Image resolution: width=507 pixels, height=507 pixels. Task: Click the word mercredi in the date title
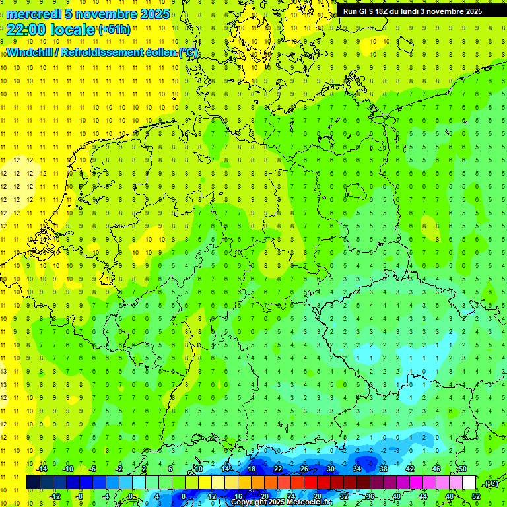tap(34, 14)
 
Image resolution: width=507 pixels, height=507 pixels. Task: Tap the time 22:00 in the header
tap(29, 30)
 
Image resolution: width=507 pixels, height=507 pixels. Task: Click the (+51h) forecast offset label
tap(114, 30)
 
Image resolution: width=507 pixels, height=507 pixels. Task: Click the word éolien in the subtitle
tap(158, 52)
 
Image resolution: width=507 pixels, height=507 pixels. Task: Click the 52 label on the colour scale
tap(476, 496)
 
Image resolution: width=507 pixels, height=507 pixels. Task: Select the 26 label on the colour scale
tap(304, 469)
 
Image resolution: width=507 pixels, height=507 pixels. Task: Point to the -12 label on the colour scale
tap(55, 496)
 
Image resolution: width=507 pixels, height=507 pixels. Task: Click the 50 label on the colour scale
tap(463, 469)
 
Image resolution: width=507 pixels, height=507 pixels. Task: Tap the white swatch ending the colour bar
tap(469, 483)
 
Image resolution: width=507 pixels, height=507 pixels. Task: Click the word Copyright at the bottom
tap(250, 502)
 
